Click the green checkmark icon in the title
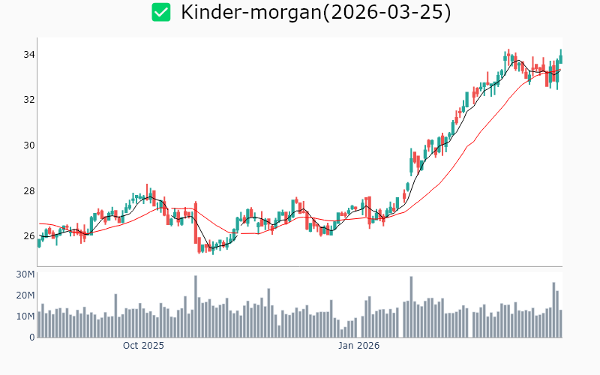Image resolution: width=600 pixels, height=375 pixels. (x=161, y=12)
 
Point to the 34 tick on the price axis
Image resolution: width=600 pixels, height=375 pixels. (x=28, y=55)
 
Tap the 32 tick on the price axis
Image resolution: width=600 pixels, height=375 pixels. (x=28, y=100)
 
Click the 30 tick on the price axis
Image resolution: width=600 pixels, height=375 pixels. (x=28, y=145)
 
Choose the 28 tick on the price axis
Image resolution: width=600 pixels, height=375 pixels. (x=28, y=190)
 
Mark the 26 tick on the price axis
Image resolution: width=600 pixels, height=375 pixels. (x=28, y=236)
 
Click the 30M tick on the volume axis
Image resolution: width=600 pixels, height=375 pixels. (x=25, y=274)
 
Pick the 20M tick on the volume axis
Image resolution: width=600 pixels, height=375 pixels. (x=25, y=295)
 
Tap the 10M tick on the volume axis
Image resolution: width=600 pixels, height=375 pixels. (x=25, y=316)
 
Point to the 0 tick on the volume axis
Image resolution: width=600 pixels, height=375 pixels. (x=32, y=337)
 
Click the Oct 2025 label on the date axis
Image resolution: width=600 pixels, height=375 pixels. (x=143, y=346)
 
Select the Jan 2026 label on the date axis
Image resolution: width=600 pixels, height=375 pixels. (x=358, y=346)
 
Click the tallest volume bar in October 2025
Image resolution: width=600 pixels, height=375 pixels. (x=196, y=307)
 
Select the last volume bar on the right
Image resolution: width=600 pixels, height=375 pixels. (x=561, y=324)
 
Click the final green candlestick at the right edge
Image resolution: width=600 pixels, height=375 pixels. (x=560, y=57)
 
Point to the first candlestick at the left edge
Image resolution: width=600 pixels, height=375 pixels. (x=39, y=242)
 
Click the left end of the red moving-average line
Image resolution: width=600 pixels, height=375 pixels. (x=39, y=223)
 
